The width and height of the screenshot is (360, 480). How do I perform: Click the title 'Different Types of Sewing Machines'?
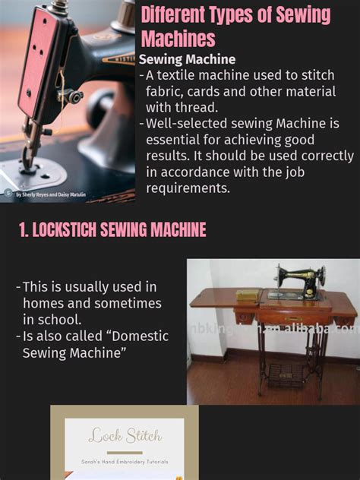[x=235, y=26]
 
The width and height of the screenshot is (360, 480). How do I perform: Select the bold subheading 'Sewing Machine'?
[x=187, y=59]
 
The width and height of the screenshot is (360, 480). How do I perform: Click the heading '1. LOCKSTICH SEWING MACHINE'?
[x=112, y=230]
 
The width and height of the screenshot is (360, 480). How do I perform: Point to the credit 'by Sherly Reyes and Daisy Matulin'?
[x=50, y=194]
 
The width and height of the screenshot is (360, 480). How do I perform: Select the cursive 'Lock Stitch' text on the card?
[x=125, y=436]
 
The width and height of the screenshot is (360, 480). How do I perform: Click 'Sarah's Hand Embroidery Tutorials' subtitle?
[x=125, y=462]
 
